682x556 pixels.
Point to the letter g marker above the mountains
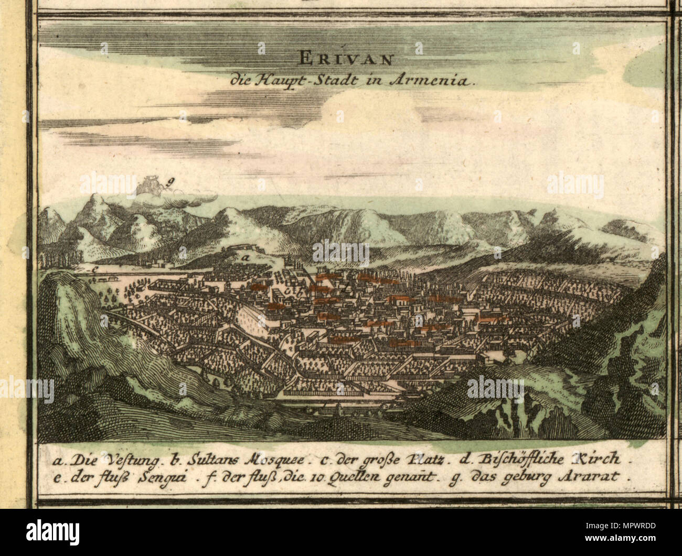[170, 182]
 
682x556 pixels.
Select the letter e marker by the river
[93, 269]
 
